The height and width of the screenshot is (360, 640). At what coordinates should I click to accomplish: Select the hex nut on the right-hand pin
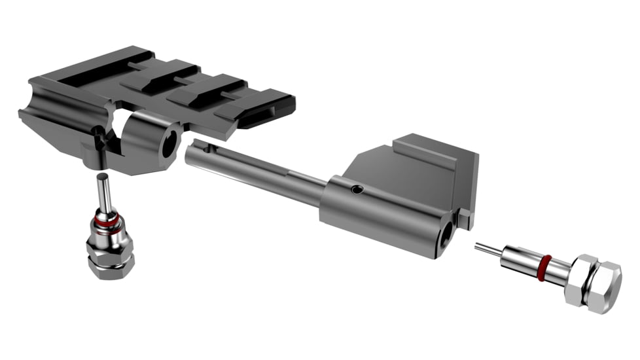click(x=596, y=283)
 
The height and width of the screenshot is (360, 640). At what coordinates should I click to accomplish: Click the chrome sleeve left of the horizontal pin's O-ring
click(x=520, y=260)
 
